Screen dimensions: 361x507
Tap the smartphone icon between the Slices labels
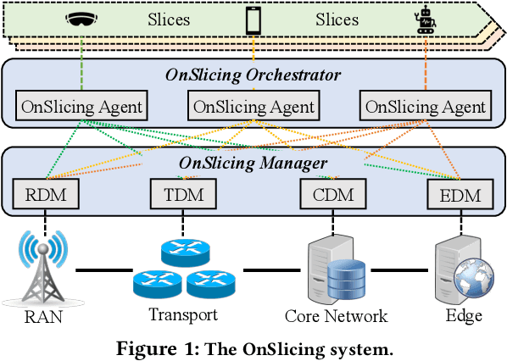(x=253, y=20)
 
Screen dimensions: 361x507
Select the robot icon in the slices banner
(x=424, y=20)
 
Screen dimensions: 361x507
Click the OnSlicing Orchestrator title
(x=253, y=75)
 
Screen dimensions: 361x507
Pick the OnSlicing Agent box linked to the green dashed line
(x=82, y=107)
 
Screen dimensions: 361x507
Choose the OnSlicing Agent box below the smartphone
(x=253, y=107)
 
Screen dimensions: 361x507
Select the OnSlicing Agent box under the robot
(x=425, y=107)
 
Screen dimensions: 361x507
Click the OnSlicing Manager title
(x=253, y=164)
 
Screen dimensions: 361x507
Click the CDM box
(x=328, y=195)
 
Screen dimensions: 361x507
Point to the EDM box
(x=460, y=195)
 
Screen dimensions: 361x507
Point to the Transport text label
(x=182, y=314)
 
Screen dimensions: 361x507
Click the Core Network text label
(x=335, y=316)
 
